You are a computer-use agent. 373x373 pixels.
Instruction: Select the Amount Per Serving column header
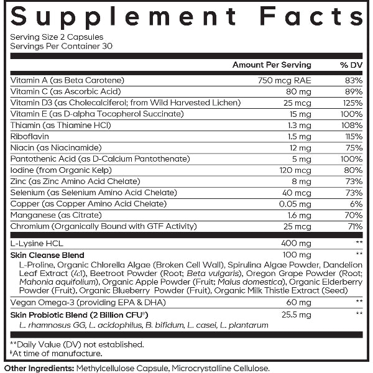pyautogui.click(x=272, y=65)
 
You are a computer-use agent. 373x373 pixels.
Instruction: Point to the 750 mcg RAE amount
pyautogui.click(x=284, y=80)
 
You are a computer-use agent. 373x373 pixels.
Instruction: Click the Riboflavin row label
pyautogui.click(x=29, y=136)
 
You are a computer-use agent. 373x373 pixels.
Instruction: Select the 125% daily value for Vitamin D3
pyautogui.click(x=352, y=103)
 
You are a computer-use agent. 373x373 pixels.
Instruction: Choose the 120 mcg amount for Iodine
pyautogui.click(x=297, y=170)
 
